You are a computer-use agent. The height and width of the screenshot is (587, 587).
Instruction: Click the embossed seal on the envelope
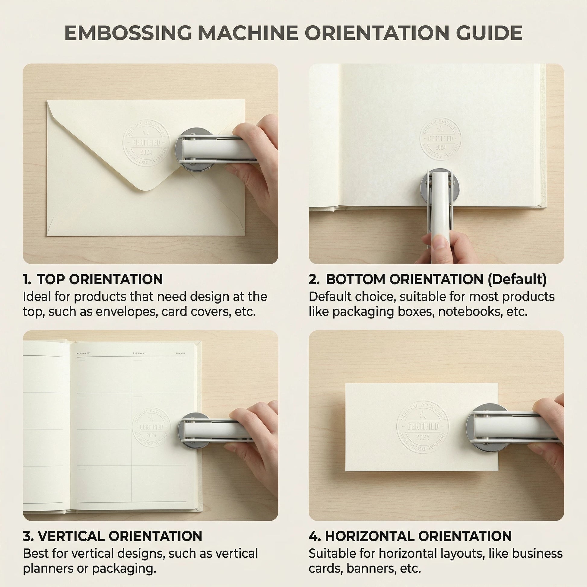146,143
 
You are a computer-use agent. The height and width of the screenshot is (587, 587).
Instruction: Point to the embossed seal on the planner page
151,427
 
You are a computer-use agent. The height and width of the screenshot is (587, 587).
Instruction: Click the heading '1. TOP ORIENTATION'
93,279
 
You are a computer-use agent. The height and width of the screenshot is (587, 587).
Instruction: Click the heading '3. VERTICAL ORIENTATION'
113,536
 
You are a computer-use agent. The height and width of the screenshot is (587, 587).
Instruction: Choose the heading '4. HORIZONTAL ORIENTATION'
410,536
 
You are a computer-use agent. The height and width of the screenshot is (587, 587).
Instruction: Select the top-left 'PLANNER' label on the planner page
83,353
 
